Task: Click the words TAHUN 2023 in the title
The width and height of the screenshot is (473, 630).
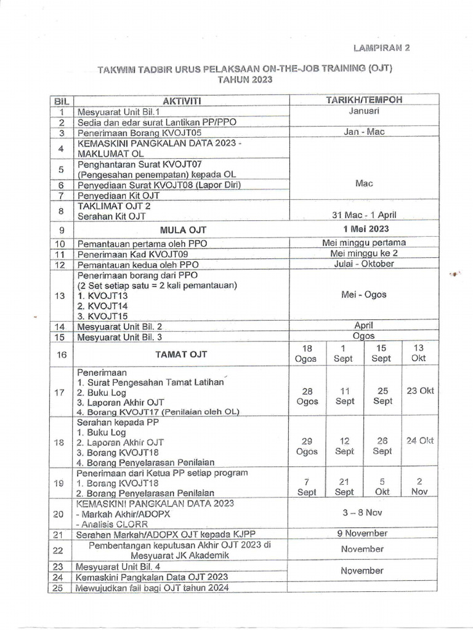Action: coord(244,80)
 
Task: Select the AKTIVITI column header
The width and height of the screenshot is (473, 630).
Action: coord(182,100)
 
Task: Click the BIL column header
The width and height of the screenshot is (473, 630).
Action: coord(60,100)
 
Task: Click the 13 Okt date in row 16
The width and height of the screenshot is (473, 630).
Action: coord(419,353)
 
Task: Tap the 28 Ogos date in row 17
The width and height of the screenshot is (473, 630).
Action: coord(307,396)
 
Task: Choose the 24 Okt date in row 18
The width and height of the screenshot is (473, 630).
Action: coord(419,441)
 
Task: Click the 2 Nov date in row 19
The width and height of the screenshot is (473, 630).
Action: coord(419,486)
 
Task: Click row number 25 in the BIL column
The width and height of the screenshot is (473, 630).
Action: coord(59,588)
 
